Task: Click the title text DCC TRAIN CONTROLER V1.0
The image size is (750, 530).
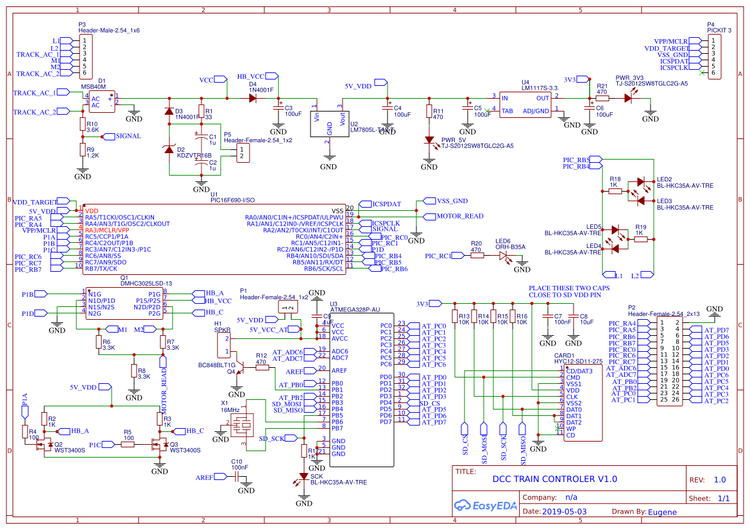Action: (x=554, y=479)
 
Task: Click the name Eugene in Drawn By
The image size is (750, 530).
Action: (x=662, y=511)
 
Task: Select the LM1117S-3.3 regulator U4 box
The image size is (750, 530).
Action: (x=525, y=104)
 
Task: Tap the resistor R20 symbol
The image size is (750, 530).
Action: (x=476, y=255)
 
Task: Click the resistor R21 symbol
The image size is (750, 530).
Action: (x=602, y=98)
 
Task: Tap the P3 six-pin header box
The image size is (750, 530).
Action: (x=84, y=54)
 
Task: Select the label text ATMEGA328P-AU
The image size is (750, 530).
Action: (x=354, y=309)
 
